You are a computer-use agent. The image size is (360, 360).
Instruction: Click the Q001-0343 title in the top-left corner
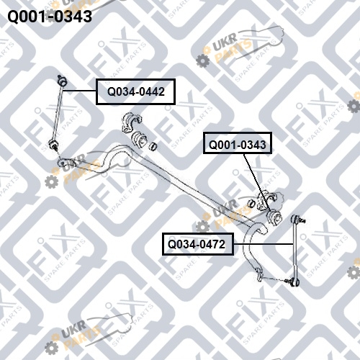tap(50, 17)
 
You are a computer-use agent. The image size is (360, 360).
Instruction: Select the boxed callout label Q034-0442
tap(135, 91)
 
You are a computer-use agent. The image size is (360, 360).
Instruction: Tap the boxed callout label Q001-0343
tap(238, 143)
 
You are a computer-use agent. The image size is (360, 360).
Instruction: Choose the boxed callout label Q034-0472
tap(198, 244)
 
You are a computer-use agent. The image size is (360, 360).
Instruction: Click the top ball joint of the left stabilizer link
tap(62, 81)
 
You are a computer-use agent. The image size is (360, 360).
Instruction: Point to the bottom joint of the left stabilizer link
tap(53, 144)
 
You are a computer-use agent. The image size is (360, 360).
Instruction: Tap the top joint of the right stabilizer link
tap(296, 219)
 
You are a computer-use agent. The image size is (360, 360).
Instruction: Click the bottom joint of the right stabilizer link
tap(294, 282)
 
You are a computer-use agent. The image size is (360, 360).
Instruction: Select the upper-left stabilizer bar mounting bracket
tap(132, 122)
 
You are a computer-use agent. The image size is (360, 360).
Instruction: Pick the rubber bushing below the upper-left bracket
tap(140, 140)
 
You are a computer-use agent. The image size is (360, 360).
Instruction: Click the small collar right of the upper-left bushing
tap(153, 146)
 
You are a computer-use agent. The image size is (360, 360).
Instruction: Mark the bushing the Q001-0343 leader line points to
tap(274, 218)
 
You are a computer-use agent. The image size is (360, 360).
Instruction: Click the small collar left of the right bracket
tap(251, 203)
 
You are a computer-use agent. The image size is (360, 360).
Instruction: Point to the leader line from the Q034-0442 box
tap(79, 91)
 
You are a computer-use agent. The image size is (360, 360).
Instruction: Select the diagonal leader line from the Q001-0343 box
tap(257, 183)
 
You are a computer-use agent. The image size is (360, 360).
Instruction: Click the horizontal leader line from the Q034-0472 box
tap(264, 244)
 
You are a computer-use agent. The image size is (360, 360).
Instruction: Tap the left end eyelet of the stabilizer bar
tap(63, 163)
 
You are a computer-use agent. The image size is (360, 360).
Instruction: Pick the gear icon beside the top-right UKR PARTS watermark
tap(203, 60)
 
